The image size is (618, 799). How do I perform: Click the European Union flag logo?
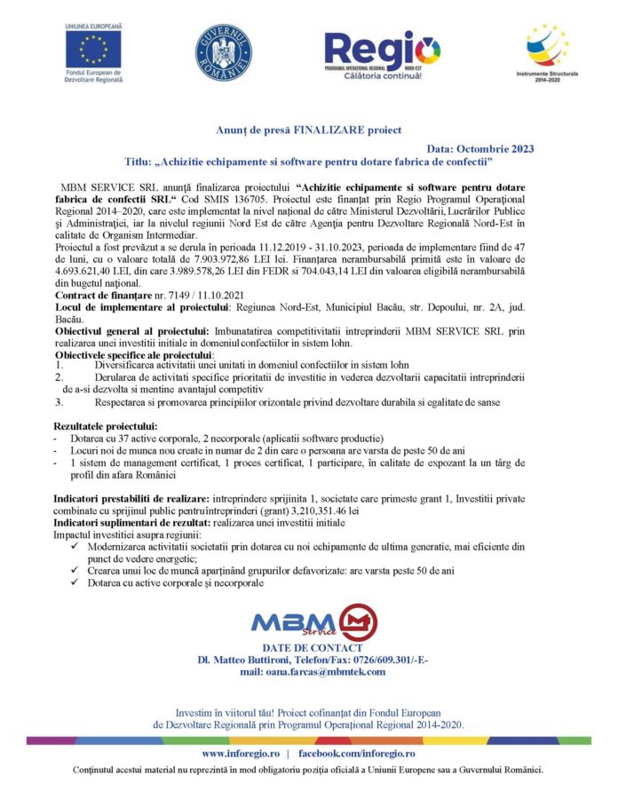[93, 51]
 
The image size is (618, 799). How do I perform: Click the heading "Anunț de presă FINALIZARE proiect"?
[309, 131]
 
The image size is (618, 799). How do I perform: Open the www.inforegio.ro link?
[241, 753]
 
